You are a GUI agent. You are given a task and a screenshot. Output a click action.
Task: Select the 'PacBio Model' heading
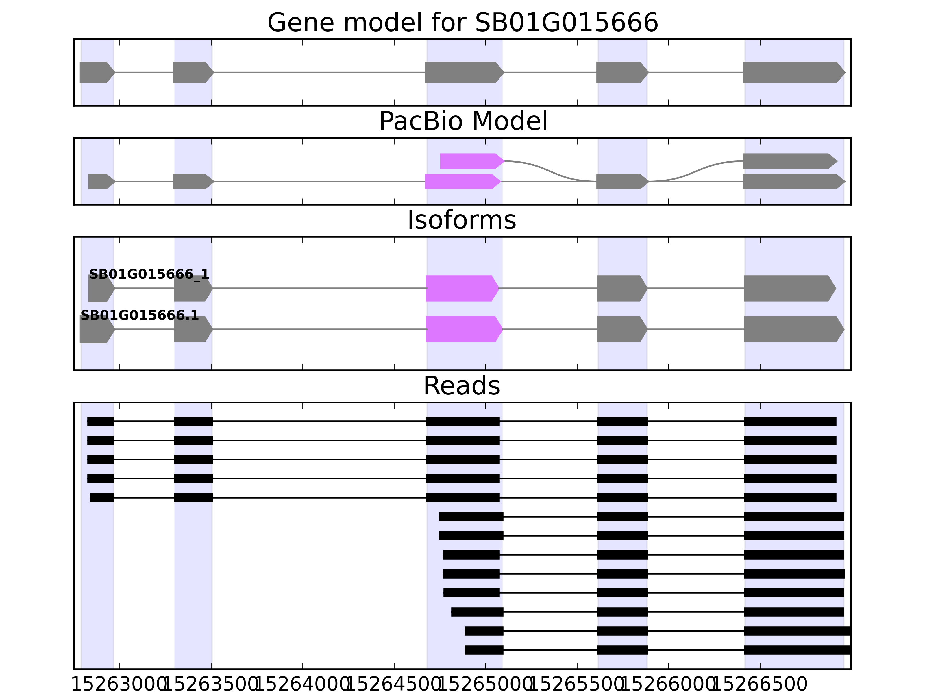[x=462, y=121]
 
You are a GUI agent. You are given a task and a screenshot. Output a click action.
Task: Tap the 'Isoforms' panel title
[x=462, y=220]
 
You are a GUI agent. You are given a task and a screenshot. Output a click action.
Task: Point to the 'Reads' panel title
[x=462, y=386]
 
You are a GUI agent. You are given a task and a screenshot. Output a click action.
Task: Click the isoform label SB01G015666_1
[x=149, y=274]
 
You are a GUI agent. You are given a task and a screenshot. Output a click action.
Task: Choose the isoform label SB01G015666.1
[x=139, y=315]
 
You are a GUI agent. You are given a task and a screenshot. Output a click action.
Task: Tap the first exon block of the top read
[x=101, y=422]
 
